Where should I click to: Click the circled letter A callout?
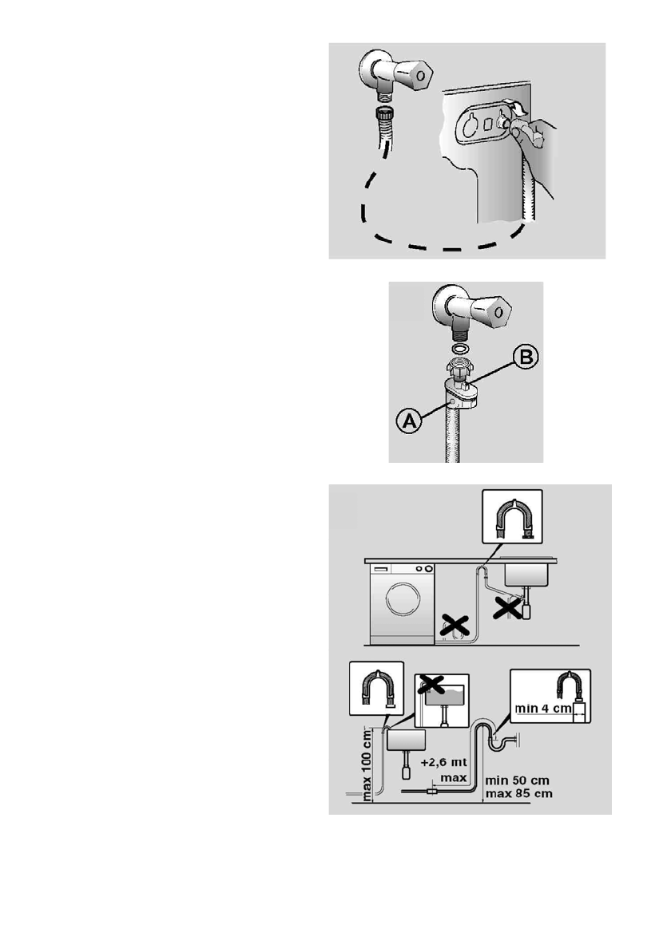click(x=409, y=421)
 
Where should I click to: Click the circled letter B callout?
click(x=526, y=357)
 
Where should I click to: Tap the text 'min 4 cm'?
click(x=542, y=708)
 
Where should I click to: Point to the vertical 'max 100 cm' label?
click(x=367, y=764)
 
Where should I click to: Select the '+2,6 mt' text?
click(x=443, y=762)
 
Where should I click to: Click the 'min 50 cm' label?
click(x=518, y=780)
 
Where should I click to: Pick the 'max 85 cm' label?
click(x=518, y=793)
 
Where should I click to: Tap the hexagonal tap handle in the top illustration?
click(x=419, y=76)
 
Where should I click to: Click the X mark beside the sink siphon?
click(x=507, y=607)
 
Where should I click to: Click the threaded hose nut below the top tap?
click(x=383, y=113)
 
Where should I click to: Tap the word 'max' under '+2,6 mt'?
click(x=453, y=777)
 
